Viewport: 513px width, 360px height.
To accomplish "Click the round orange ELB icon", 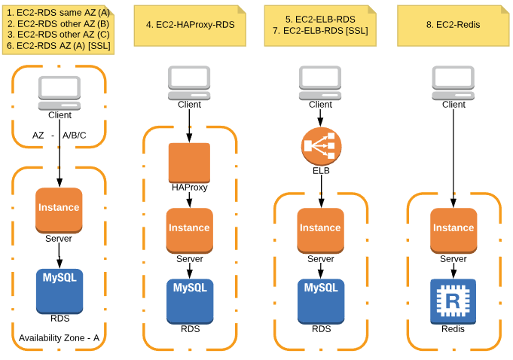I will pos(322,146).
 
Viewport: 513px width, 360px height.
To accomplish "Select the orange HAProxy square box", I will pos(189,162).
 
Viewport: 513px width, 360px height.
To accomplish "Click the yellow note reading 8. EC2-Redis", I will pos(453,25).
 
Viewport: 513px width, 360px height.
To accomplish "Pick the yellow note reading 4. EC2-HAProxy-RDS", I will pos(190,25).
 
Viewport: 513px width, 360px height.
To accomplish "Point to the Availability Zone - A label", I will pos(59,337).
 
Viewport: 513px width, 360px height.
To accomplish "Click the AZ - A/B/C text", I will pos(59,136).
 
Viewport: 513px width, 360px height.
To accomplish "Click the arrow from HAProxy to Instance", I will pos(190,200).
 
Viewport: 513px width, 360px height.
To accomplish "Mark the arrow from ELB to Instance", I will pos(322,192).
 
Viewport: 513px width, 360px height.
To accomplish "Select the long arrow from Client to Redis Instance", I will pos(453,158).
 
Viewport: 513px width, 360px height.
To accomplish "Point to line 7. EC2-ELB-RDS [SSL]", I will pos(322,31).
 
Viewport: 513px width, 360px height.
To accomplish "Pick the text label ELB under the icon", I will pos(322,171).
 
